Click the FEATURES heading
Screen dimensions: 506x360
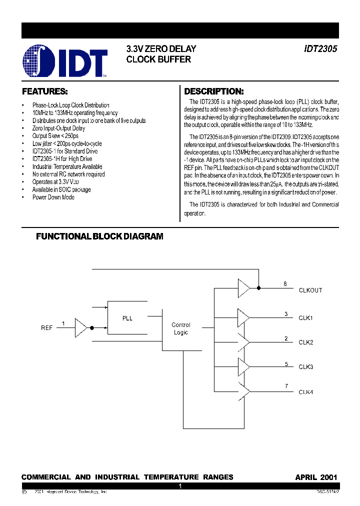point(44,92)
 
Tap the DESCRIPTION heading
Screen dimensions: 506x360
point(214,92)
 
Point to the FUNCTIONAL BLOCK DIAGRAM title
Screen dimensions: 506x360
point(99,236)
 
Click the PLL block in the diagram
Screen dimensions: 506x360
point(127,318)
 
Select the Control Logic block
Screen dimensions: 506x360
point(180,328)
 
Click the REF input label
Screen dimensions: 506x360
point(46,328)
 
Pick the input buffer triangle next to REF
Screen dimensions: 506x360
point(80,328)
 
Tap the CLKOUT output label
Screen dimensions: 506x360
point(310,290)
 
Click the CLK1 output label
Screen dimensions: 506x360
point(306,318)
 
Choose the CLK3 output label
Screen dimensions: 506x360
point(306,367)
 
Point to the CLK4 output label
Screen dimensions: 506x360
point(306,392)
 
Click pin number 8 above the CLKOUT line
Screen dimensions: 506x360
point(285,284)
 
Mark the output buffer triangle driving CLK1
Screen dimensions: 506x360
point(243,316)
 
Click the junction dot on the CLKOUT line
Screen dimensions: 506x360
point(258,288)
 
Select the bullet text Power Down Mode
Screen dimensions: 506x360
point(53,197)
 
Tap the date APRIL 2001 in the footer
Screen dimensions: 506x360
point(316,477)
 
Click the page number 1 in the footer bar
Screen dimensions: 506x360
point(180,486)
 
